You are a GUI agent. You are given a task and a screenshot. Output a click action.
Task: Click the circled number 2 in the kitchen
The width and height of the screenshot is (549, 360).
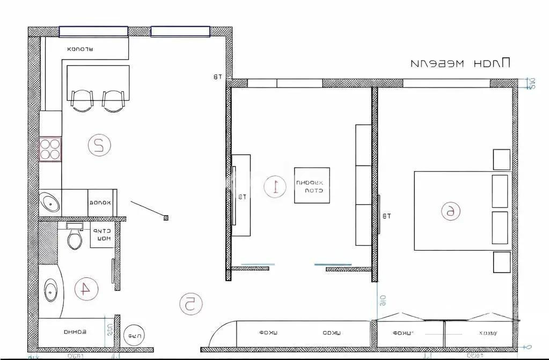coord(99,145)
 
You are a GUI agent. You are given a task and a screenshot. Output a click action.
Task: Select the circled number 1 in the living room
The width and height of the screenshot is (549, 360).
coord(276,186)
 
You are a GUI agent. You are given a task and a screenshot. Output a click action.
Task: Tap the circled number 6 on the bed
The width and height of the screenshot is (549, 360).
coord(450,211)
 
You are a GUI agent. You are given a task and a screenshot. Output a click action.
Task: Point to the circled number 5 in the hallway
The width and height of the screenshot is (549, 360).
coord(191,304)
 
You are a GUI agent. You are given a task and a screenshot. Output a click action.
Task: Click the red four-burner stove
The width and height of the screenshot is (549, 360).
coord(50,149)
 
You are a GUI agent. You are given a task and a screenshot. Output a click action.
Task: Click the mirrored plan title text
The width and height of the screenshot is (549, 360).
coord(460,63)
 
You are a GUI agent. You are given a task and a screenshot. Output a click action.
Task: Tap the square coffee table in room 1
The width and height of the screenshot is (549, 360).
coord(312,186)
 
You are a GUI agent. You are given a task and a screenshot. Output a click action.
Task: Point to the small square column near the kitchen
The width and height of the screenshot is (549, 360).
coord(166,217)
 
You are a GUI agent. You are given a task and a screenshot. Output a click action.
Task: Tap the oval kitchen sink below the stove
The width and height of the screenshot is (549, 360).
coord(52,203)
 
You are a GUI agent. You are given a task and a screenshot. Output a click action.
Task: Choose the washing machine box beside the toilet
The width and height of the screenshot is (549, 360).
coord(101,235)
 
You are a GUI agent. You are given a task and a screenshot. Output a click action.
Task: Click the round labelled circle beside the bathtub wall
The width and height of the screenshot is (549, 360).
coord(134,336)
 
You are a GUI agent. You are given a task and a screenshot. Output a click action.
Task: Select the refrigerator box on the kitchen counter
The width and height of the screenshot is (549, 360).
coord(102,202)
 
